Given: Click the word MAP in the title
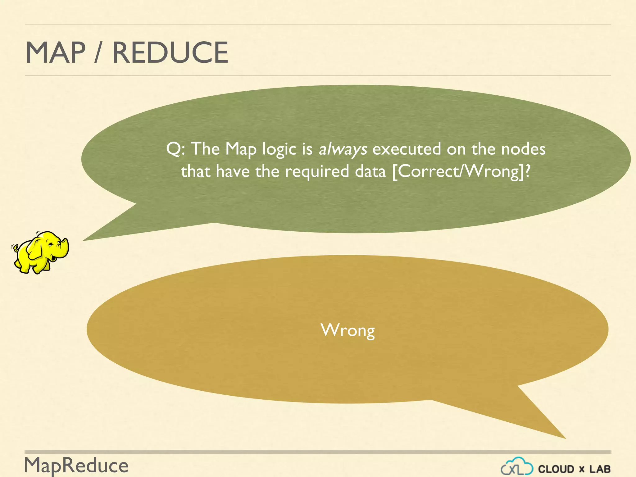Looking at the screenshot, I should point(55,52).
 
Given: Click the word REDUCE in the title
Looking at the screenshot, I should point(170,52).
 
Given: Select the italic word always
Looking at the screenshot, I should point(343,149).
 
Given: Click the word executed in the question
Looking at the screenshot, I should point(407,149).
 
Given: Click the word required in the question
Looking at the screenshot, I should point(317,172).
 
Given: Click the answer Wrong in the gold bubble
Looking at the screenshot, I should point(348,330).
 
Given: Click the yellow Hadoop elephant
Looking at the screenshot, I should point(40,252).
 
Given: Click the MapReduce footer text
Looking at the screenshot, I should point(76,466).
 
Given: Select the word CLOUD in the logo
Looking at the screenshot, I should point(556,469).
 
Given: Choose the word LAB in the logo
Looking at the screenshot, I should point(600,469).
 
